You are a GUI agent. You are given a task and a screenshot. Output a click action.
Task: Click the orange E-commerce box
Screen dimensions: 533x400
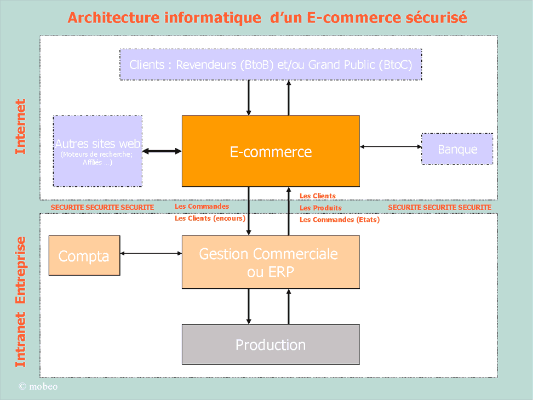(271, 151)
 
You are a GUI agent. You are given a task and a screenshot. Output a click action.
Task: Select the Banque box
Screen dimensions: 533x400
(457, 149)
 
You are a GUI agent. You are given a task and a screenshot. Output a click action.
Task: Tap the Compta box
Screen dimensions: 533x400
(84, 255)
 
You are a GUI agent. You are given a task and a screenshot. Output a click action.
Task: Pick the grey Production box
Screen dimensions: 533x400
(271, 344)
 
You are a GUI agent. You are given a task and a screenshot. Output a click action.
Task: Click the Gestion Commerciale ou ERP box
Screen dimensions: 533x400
(271, 262)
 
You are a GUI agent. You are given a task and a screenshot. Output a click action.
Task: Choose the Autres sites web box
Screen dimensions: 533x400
(98, 151)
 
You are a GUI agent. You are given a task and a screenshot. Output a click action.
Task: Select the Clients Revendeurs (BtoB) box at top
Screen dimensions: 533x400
(271, 65)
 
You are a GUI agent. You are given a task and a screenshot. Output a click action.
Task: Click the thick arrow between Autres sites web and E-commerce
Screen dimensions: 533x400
(162, 151)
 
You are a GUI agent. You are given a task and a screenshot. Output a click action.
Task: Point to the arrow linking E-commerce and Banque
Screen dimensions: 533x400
(391, 147)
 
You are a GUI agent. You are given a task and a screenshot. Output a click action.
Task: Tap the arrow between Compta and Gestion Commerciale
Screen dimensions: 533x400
(151, 253)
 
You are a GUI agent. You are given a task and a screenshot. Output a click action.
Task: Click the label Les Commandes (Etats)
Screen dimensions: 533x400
(340, 220)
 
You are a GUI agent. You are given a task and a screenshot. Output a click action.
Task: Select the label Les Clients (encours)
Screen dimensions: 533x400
(210, 219)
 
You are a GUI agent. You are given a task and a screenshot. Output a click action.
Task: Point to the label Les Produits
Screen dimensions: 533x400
(320, 208)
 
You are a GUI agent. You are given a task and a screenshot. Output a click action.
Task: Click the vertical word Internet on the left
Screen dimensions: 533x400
(20, 127)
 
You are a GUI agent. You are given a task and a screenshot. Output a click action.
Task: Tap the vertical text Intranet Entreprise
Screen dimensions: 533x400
(20, 302)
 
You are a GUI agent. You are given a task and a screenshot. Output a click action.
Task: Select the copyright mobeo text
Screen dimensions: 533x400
(38, 386)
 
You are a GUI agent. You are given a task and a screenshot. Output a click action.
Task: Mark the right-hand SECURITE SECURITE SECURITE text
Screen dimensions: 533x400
(439, 208)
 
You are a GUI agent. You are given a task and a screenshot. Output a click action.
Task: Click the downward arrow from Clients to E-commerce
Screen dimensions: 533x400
(249, 98)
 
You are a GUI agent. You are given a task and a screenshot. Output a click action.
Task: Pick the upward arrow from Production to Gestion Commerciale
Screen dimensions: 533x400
(289, 306)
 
